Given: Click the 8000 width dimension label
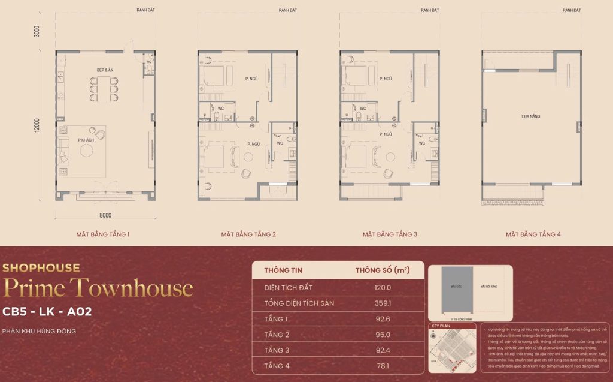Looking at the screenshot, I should (106, 215).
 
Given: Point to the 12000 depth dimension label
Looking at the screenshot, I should (37, 125).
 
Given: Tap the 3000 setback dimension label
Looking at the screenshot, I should (37, 31).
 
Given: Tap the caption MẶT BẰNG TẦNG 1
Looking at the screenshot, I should (103, 234).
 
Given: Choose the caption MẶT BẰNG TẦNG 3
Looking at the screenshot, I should (390, 234).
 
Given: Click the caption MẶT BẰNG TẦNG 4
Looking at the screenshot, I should (533, 234).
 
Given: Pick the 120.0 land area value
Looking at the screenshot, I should (383, 287).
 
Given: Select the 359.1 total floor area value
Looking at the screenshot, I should (383, 303).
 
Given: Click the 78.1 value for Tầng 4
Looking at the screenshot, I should (383, 366).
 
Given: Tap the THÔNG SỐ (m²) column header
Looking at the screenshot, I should (383, 270).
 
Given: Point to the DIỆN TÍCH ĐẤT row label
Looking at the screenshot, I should (289, 287).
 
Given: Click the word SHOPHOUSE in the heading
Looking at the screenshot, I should (41, 268).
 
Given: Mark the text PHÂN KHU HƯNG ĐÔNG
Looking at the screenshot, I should (39, 331).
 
